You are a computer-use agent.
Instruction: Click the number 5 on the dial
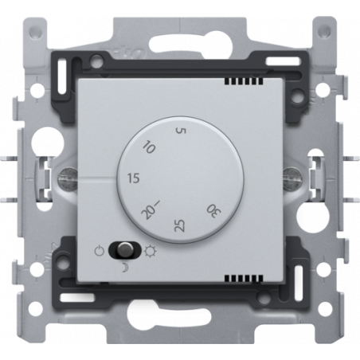click(182, 131)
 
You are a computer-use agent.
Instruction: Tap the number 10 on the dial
click(149, 147)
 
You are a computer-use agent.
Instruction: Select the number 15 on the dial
click(133, 178)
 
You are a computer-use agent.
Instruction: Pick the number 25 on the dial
click(179, 225)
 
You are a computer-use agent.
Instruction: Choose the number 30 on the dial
click(214, 211)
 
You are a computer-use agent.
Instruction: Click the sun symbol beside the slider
click(151, 251)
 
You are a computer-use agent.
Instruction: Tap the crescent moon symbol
click(124, 268)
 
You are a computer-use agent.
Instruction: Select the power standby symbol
click(100, 251)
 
